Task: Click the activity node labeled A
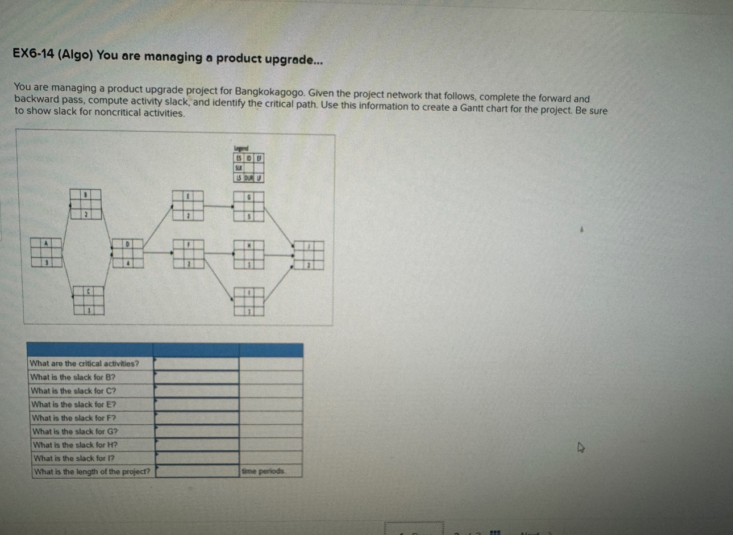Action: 47,253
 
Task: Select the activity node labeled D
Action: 127,253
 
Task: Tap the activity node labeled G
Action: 248,206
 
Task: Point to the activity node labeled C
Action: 88,300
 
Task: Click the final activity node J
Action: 308,256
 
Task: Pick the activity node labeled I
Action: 248,302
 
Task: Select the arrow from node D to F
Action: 157,253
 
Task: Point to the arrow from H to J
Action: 278,256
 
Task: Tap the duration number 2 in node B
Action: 86,215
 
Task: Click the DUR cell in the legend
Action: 248,178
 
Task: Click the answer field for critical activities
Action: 196,363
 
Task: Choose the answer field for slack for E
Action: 196,404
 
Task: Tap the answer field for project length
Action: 197,471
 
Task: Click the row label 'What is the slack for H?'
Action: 76,445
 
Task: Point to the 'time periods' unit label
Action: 263,471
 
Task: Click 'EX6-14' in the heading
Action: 34,55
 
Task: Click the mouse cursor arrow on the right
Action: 580,448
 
